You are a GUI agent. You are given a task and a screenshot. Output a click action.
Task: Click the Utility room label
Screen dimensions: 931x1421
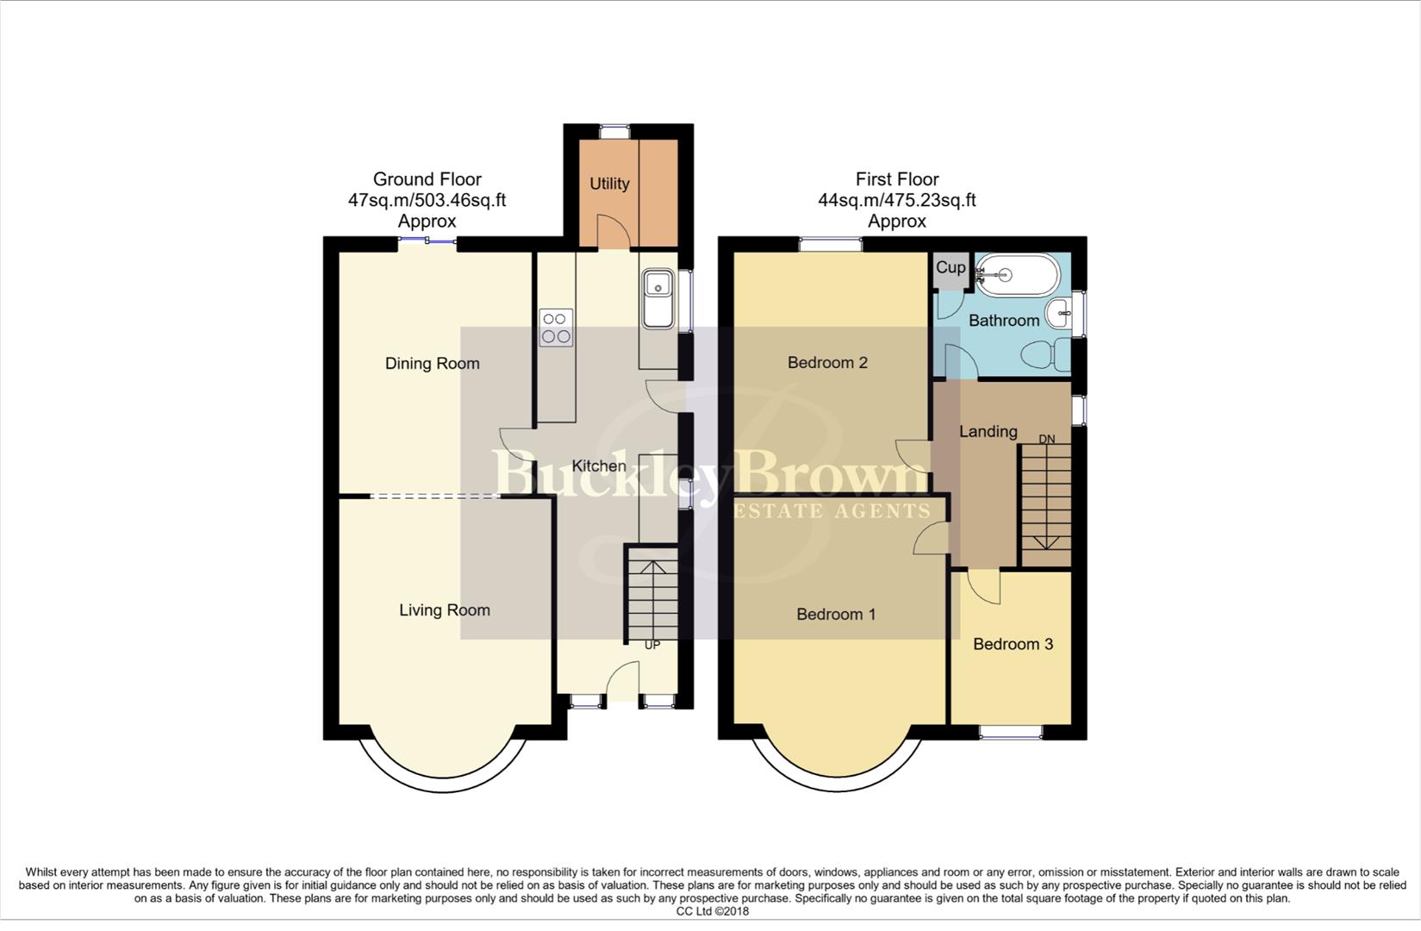pos(609,184)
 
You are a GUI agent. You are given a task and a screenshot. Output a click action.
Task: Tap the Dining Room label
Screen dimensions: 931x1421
pos(432,363)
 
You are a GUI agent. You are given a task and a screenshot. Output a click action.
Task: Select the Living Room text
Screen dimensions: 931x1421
pos(444,610)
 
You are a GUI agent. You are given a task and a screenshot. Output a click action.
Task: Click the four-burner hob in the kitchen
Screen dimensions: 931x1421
pos(555,328)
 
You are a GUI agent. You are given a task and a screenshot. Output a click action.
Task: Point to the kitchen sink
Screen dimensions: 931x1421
pos(658,297)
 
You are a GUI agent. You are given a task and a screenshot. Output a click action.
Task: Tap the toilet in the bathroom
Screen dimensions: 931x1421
pos(1046,353)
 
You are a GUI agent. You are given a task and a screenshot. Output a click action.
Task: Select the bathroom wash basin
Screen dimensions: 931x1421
pos(1059,314)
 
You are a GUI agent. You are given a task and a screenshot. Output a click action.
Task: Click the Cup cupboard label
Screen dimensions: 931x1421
pos(950,267)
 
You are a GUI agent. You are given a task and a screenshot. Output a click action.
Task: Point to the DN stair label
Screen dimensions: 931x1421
pos(1046,440)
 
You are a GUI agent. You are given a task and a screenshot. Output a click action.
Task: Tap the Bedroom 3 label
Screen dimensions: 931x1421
pos(1013,644)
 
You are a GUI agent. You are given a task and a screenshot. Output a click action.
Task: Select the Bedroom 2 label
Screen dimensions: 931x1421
pos(827,363)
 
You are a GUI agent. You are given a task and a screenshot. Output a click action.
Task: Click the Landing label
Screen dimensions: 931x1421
pos(988,431)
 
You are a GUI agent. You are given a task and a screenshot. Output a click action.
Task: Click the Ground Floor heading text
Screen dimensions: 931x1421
pos(427,179)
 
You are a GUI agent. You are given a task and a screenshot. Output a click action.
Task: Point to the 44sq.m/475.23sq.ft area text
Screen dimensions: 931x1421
pos(896,200)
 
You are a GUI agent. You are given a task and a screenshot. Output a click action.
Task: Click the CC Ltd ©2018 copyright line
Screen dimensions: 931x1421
pos(712,911)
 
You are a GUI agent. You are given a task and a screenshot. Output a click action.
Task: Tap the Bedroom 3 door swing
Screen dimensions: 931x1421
pos(985,586)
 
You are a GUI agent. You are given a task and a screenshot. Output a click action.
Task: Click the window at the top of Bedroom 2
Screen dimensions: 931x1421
pos(830,245)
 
